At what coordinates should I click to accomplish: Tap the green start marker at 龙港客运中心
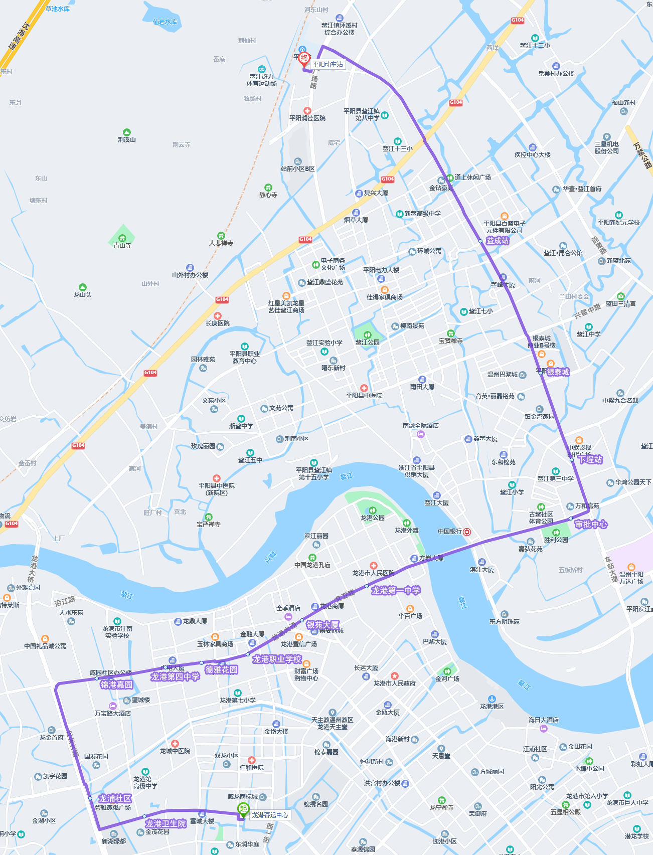click(243, 809)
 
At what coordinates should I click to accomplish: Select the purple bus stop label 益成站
click(498, 241)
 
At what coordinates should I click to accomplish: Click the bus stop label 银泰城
click(558, 372)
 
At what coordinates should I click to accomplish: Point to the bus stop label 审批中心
click(591, 525)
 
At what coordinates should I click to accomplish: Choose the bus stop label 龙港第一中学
click(396, 591)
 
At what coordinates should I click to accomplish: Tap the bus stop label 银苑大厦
click(323, 625)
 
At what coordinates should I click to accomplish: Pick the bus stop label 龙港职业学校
click(277, 659)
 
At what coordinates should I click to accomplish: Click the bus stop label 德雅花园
click(221, 670)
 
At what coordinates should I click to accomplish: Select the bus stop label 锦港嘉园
click(116, 685)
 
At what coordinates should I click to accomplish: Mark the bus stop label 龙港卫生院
click(166, 823)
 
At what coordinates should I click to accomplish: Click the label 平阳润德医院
click(307, 118)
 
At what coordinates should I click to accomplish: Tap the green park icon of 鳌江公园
click(367, 334)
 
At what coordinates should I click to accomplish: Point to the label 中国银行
click(449, 532)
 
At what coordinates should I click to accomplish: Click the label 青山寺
click(122, 245)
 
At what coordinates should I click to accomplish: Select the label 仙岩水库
click(165, 22)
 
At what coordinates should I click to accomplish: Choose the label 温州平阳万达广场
click(631, 578)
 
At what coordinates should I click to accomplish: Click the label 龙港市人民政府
click(394, 683)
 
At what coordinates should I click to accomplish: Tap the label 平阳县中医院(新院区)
click(217, 489)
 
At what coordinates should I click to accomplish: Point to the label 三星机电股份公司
click(607, 147)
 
